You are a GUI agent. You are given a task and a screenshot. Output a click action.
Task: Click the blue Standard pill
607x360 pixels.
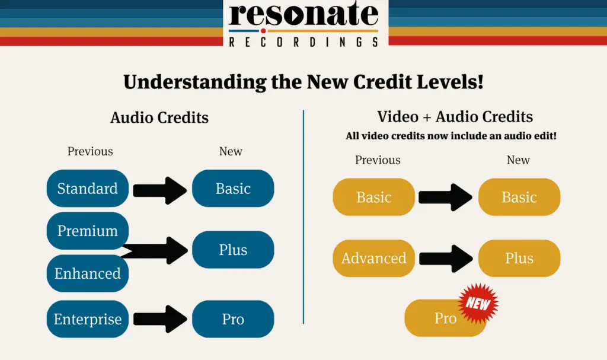(x=88, y=189)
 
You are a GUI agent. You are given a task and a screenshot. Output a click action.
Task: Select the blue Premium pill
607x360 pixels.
(x=88, y=231)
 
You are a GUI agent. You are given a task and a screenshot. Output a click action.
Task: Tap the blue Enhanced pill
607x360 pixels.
(x=88, y=273)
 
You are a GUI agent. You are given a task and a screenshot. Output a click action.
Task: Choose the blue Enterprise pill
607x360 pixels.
(x=88, y=319)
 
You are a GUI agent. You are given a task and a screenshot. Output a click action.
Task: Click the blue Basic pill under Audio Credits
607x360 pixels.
(x=233, y=189)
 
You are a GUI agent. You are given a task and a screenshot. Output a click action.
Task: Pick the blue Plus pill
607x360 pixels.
(x=233, y=250)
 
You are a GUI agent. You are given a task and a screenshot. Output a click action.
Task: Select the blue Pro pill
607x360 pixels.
(x=233, y=319)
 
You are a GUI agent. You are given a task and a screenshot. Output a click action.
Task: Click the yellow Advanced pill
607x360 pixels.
(x=374, y=258)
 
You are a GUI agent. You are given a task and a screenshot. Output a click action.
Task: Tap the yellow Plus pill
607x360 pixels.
(x=519, y=258)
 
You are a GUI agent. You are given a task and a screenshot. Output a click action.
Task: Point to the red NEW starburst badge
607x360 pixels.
(x=478, y=304)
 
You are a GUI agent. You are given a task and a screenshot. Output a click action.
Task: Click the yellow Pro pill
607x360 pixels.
(x=445, y=318)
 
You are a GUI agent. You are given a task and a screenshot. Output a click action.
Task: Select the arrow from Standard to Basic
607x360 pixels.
(x=160, y=190)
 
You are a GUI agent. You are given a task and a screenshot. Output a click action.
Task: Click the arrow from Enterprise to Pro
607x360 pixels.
(x=160, y=319)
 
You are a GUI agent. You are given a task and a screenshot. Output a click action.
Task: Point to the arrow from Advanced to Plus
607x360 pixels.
(x=446, y=259)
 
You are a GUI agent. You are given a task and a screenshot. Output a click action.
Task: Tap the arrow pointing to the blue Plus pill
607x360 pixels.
(x=155, y=251)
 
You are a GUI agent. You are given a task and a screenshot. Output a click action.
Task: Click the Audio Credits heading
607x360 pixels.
(x=159, y=117)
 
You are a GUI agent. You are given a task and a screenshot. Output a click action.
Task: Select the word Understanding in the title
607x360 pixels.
(x=194, y=82)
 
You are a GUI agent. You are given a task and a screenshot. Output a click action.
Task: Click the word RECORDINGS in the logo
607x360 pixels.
(x=303, y=42)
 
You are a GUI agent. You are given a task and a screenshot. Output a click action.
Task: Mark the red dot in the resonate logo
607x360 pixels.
(x=263, y=31)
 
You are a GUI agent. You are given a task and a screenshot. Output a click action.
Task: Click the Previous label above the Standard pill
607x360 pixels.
(x=90, y=151)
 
